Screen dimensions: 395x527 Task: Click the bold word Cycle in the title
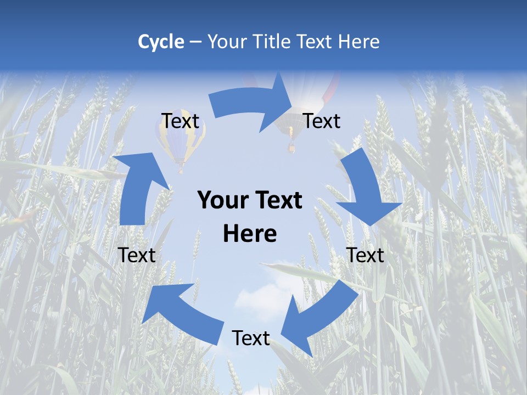161,42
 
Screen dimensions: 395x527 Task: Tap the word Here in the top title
359,42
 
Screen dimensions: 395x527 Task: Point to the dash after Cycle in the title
195,42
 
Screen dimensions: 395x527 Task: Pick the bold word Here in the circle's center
250,234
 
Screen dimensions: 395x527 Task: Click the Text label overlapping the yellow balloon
180,121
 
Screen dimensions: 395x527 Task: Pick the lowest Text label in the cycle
251,338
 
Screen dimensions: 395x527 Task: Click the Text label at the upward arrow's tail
137,255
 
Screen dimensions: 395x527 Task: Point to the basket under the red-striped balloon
291,147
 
